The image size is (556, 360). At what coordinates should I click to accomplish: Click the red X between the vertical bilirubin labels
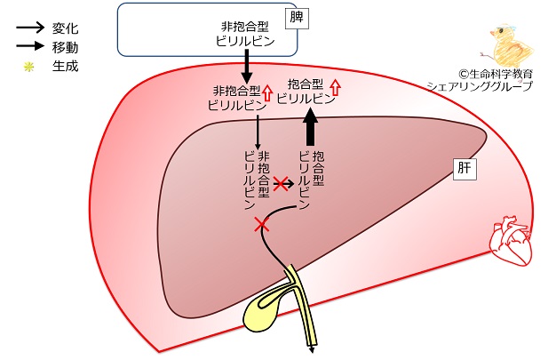click(x=282, y=184)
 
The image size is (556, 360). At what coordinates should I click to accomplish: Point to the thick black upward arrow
click(x=311, y=125)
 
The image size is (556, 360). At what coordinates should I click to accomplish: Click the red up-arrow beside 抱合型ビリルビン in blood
click(x=335, y=86)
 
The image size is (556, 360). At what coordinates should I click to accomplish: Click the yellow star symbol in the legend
click(x=28, y=65)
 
